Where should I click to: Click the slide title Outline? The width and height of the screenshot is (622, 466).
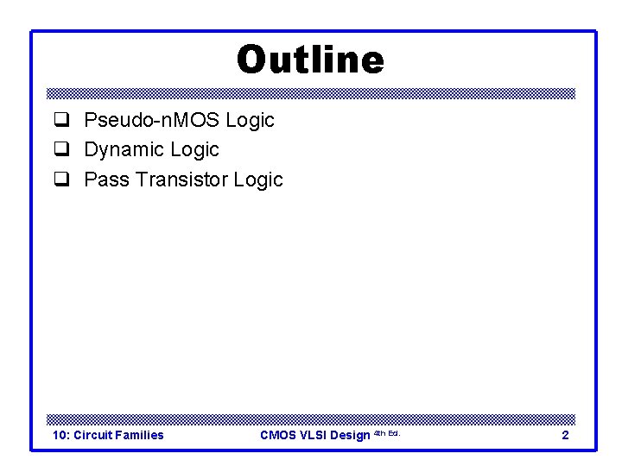(x=310, y=60)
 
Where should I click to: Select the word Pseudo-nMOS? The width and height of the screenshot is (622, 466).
(x=151, y=121)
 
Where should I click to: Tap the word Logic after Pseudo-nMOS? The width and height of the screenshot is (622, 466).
(x=250, y=121)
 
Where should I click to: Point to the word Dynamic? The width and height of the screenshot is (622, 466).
(x=124, y=150)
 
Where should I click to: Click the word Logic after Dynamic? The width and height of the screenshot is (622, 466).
(x=195, y=150)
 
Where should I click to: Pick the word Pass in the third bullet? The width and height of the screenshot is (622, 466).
(x=105, y=179)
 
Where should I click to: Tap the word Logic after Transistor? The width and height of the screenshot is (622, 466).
(x=258, y=179)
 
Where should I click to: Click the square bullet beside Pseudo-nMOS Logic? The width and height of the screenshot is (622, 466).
(x=61, y=121)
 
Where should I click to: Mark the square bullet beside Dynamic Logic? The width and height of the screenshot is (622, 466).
(x=61, y=150)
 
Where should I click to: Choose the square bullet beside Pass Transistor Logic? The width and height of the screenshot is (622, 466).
(x=61, y=179)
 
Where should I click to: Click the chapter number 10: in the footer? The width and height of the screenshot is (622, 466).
(x=61, y=435)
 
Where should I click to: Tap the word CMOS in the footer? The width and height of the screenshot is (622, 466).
(x=278, y=435)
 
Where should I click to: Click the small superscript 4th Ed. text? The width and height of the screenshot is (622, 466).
(x=386, y=432)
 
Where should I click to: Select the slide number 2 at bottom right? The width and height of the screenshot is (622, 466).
(x=565, y=435)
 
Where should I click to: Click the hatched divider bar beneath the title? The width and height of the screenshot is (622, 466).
(x=310, y=93)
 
